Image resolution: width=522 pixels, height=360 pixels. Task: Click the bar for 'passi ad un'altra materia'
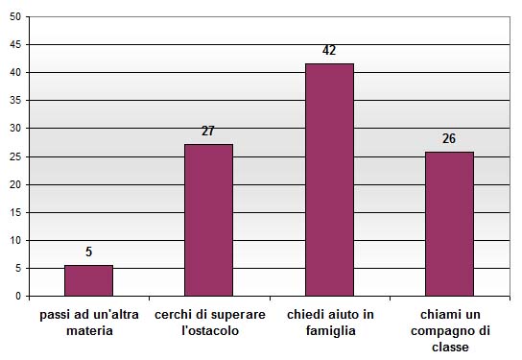tap(88, 280)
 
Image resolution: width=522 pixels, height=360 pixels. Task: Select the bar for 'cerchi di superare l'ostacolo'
tap(208, 220)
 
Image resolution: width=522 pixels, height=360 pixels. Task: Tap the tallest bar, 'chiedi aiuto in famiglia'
tap(329, 180)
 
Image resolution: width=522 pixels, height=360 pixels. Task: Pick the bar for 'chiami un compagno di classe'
tap(449, 224)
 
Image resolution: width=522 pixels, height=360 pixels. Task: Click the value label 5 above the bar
tap(88, 252)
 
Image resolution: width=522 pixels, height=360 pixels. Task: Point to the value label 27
tap(208, 132)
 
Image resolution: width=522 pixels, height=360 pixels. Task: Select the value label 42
tap(329, 50)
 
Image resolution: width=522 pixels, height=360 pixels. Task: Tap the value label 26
tap(449, 138)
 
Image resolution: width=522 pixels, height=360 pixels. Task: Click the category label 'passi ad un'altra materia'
tap(89, 323)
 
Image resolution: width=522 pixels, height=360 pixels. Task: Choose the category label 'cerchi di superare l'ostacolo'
tap(209, 323)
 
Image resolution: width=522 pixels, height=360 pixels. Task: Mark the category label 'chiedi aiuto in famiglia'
tap(329, 323)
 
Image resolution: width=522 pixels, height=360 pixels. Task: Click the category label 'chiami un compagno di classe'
tap(449, 331)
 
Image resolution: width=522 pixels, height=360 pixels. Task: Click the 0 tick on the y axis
tap(18, 297)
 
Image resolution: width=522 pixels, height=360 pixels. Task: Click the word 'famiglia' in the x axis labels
tap(329, 331)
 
